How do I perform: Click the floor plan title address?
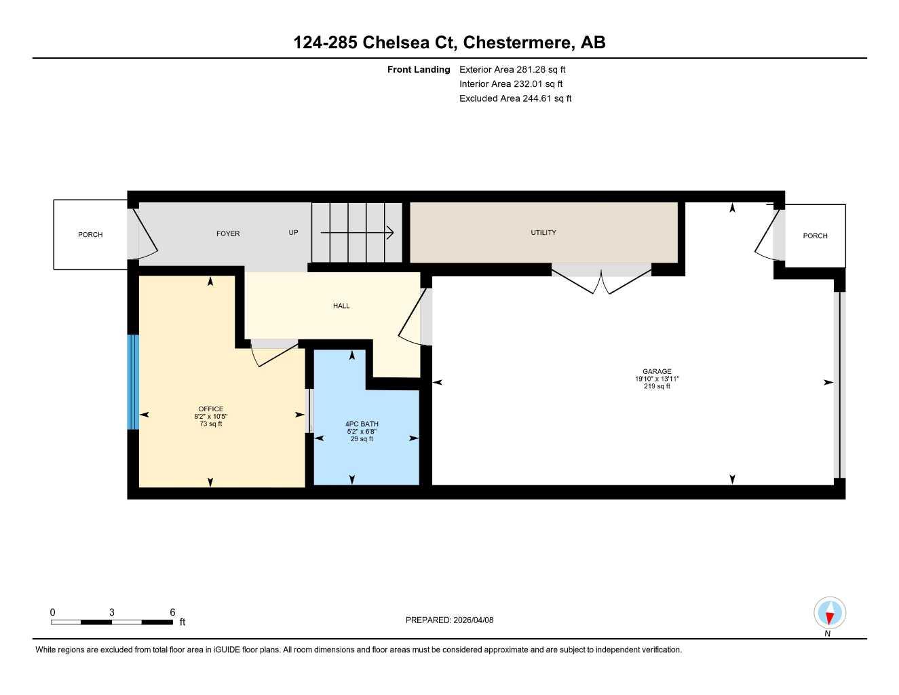click(449, 42)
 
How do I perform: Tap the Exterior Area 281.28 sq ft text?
click(512, 69)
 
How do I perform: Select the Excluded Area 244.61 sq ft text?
click(515, 98)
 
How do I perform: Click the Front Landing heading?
click(419, 69)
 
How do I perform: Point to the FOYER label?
click(228, 233)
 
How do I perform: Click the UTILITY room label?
click(543, 232)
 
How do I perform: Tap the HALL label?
click(341, 306)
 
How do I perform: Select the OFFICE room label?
click(211, 409)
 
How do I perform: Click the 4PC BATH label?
click(362, 424)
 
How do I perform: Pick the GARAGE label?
click(657, 371)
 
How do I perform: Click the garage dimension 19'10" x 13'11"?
click(657, 379)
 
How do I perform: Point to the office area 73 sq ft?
click(211, 424)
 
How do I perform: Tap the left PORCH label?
click(90, 235)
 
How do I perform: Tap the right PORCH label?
click(815, 236)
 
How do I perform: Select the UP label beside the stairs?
click(293, 232)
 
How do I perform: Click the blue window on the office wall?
click(133, 382)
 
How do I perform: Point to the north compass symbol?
click(829, 614)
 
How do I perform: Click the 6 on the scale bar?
click(172, 612)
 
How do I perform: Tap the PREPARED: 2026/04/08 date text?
click(449, 620)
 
